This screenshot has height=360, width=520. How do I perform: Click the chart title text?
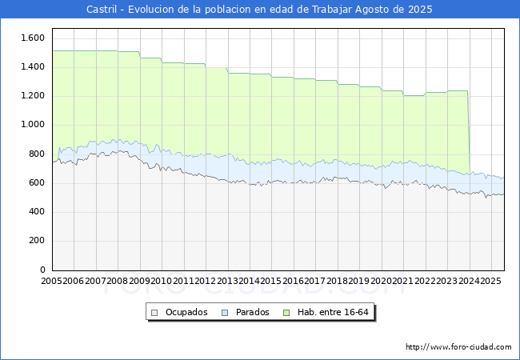(259, 10)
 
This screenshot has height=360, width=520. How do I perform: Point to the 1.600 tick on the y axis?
(33, 38)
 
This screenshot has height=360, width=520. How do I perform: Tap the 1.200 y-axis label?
(33, 96)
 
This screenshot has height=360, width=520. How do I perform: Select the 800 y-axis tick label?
(36, 154)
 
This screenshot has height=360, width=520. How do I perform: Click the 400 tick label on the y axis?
(36, 212)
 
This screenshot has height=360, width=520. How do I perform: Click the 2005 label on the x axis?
(52, 282)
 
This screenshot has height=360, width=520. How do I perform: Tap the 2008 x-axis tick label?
(118, 282)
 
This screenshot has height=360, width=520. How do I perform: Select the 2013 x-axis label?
(227, 282)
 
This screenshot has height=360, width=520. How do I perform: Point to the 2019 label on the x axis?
(359, 282)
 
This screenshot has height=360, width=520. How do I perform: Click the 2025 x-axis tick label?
(490, 282)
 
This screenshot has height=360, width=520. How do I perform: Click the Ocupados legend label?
(186, 312)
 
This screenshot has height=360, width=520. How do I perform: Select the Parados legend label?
(253, 312)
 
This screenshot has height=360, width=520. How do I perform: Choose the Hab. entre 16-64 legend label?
(340, 312)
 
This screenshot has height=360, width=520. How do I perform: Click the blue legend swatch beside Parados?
(226, 312)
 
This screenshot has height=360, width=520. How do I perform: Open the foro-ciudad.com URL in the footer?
(458, 347)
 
